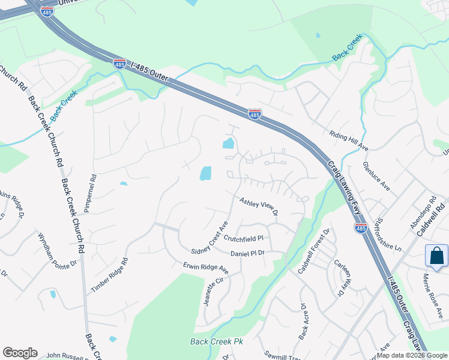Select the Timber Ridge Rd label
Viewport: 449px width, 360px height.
pyautogui.click(x=110, y=275)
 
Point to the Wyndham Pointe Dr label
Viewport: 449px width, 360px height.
pyautogui.click(x=58, y=250)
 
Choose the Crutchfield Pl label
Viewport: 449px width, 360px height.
pyautogui.click(x=244, y=239)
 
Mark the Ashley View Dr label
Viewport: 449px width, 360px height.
pyautogui.click(x=259, y=208)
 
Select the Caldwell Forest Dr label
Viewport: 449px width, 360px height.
pyautogui.click(x=314, y=250)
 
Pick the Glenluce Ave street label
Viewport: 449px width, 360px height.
pyautogui.click(x=376, y=176)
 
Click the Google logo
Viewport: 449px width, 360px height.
pyautogui.click(x=20, y=353)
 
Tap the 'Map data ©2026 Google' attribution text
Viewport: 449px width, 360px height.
pyautogui.click(x=412, y=355)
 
